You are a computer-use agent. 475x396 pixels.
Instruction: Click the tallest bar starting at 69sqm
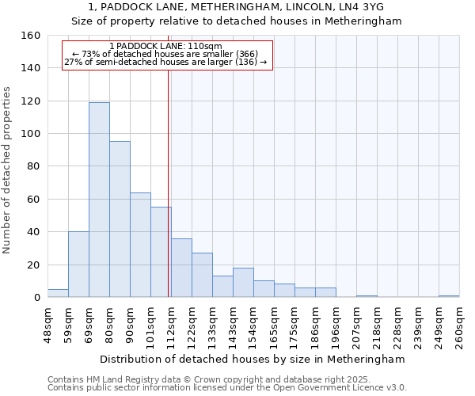pos(99,200)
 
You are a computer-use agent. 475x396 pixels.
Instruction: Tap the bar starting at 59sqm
pos(78,265)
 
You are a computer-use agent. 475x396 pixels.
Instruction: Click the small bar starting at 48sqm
pos(58,293)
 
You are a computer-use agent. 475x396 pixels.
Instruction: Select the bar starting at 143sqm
pos(243,283)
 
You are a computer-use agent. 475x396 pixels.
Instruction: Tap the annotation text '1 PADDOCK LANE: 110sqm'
pos(166,47)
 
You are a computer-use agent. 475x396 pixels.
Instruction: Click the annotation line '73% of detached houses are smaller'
pos(166,54)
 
